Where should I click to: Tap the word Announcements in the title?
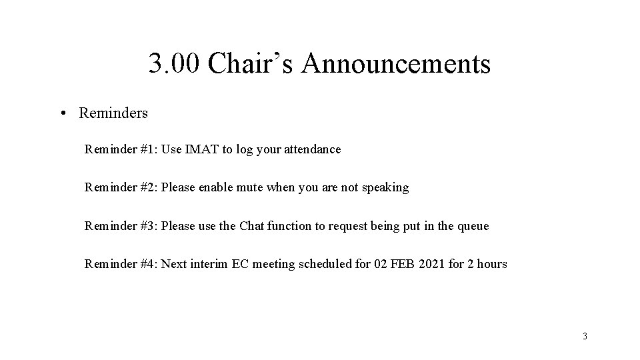pos(396,65)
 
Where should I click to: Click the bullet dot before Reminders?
pos(61,113)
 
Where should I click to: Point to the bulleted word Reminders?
pos(113,113)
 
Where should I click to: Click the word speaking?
pos(385,188)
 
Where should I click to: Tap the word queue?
pos(473,226)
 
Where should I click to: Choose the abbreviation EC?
pos(239,264)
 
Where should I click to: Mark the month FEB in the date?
pos(402,264)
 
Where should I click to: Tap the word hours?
pos(493,264)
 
